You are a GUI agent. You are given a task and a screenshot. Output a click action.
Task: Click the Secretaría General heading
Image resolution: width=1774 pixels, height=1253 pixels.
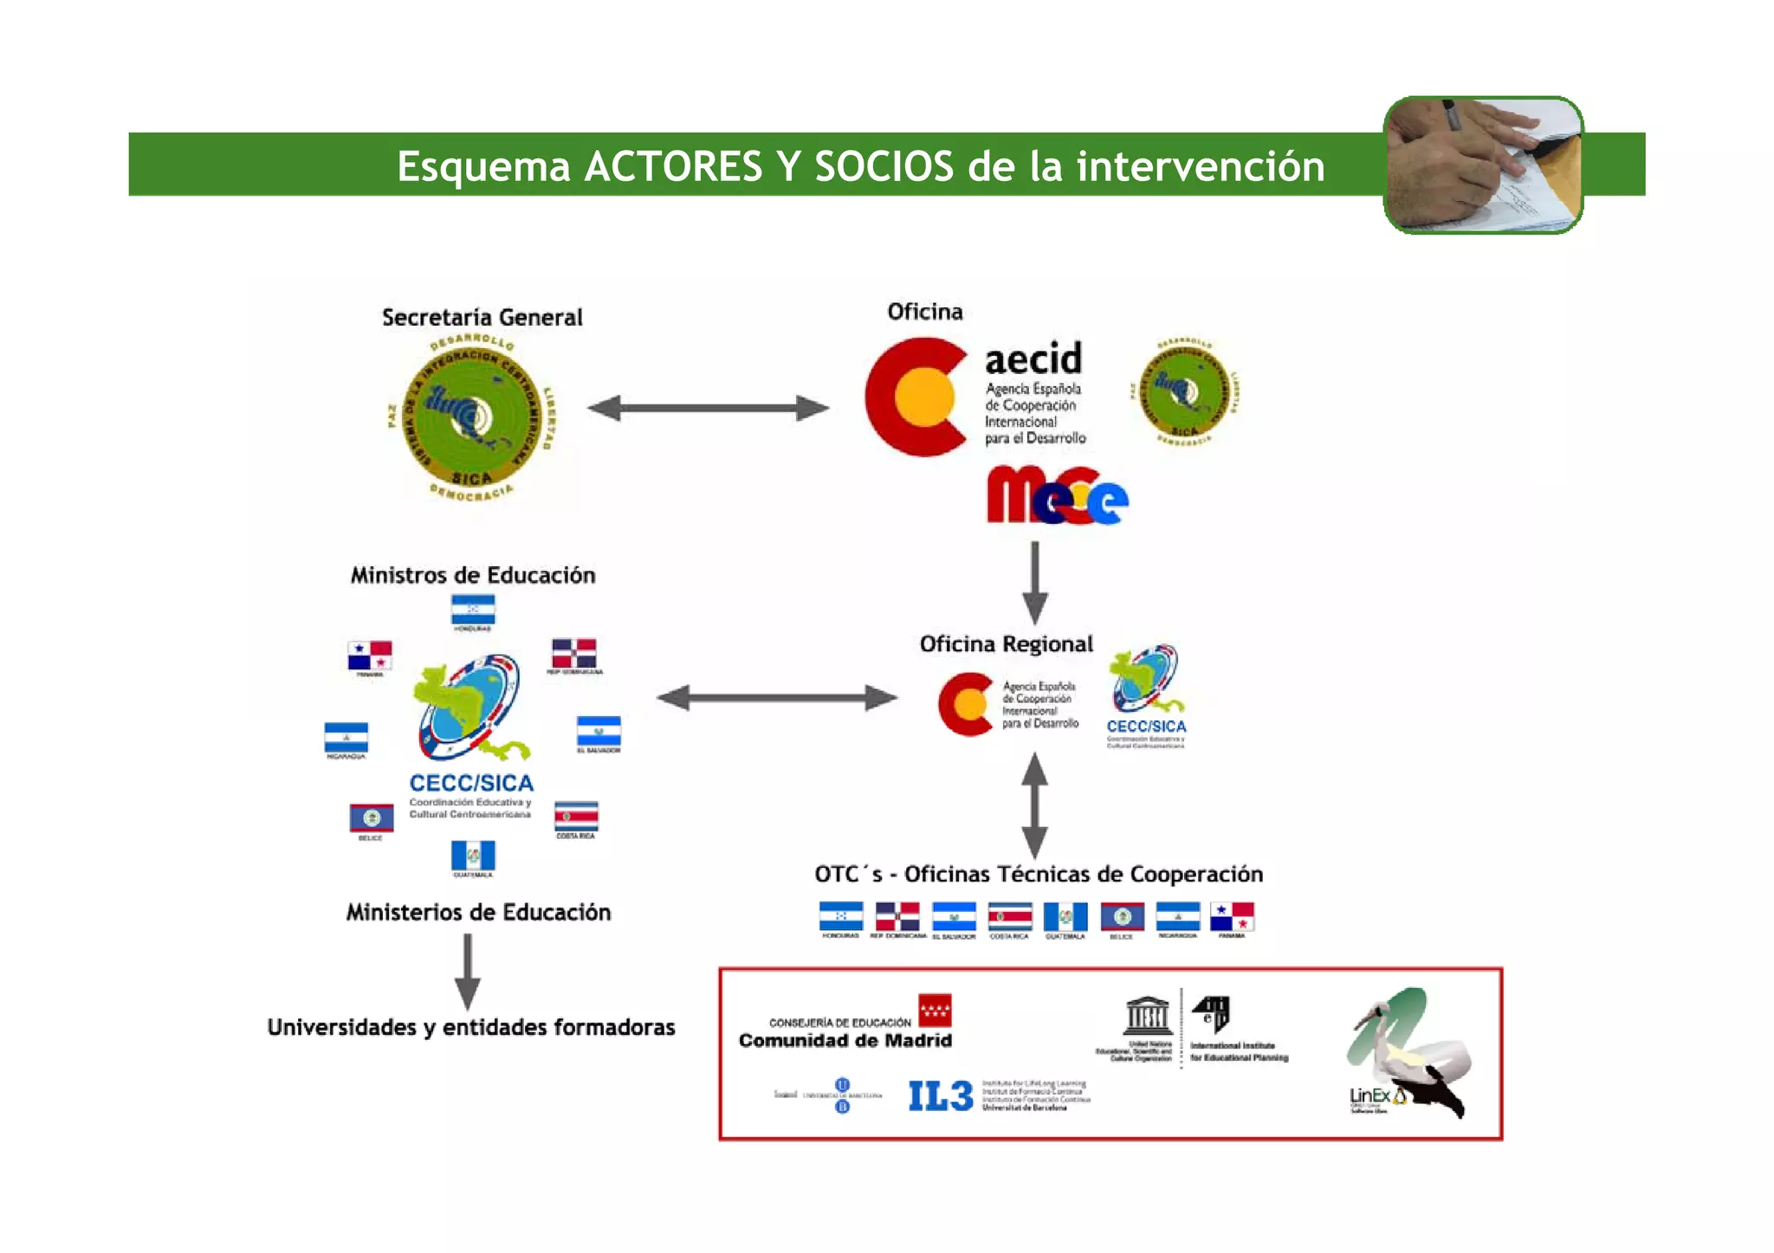pos(482,318)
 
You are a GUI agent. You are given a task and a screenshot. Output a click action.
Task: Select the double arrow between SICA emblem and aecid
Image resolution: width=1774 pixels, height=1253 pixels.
pos(708,408)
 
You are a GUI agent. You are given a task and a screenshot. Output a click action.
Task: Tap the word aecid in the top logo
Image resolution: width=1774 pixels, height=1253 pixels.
pos(1033,358)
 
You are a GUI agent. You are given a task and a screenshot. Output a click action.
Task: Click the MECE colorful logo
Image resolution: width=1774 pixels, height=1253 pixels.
pos(1056,496)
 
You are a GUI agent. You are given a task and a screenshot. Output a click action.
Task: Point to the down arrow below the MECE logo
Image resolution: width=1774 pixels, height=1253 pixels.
pos(1034,582)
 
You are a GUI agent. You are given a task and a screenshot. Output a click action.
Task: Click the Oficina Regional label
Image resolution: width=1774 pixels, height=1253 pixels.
pos(1006,644)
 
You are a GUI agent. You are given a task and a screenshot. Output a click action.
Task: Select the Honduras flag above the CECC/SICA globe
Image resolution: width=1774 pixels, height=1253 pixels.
pos(473,610)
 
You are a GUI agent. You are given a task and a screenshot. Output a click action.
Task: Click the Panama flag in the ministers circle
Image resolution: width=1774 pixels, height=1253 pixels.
pos(370,656)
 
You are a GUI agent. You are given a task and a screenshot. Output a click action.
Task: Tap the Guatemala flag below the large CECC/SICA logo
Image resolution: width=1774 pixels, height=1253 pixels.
pos(473,856)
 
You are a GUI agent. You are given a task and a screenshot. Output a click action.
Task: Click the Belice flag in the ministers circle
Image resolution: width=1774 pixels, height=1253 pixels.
pos(371,817)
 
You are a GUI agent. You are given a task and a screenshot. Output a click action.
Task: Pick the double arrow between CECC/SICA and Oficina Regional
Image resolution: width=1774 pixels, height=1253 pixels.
pos(777,698)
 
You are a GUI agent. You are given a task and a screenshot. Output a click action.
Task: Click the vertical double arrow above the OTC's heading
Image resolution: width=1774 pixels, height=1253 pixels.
pos(1034,804)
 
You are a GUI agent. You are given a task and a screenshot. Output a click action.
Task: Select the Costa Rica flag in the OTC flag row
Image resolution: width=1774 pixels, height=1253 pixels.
pos(1010,916)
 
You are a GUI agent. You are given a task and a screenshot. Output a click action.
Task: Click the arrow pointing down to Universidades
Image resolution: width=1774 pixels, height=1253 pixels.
pos(468,972)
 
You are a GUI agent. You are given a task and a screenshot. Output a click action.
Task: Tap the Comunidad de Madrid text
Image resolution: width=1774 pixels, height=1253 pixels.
pos(845,1041)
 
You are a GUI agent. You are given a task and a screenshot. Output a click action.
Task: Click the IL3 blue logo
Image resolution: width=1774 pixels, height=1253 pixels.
pos(940,1096)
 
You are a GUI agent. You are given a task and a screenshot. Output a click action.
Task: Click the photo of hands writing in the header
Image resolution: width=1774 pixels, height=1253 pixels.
pos(1483,165)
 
